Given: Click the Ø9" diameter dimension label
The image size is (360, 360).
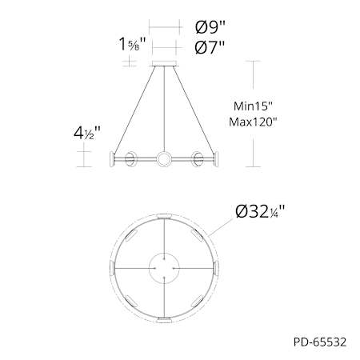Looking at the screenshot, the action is pyautogui.click(x=210, y=27).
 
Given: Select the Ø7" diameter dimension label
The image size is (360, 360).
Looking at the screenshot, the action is pyautogui.click(x=210, y=48).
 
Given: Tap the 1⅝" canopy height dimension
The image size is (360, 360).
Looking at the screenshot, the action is pyautogui.click(x=132, y=44).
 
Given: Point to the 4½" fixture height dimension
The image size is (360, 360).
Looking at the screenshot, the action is pyautogui.click(x=87, y=133).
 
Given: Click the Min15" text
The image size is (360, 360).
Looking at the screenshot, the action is pyautogui.click(x=253, y=106).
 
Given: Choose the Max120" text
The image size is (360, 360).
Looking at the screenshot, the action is pyautogui.click(x=253, y=122).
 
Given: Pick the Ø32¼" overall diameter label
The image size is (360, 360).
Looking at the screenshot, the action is pyautogui.click(x=260, y=212).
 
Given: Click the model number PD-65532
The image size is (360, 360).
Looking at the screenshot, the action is pyautogui.click(x=320, y=342).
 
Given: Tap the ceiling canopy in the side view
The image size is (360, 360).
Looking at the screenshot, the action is pyautogui.click(x=164, y=63).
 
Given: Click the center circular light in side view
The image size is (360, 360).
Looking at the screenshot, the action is pyautogui.click(x=164, y=159).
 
